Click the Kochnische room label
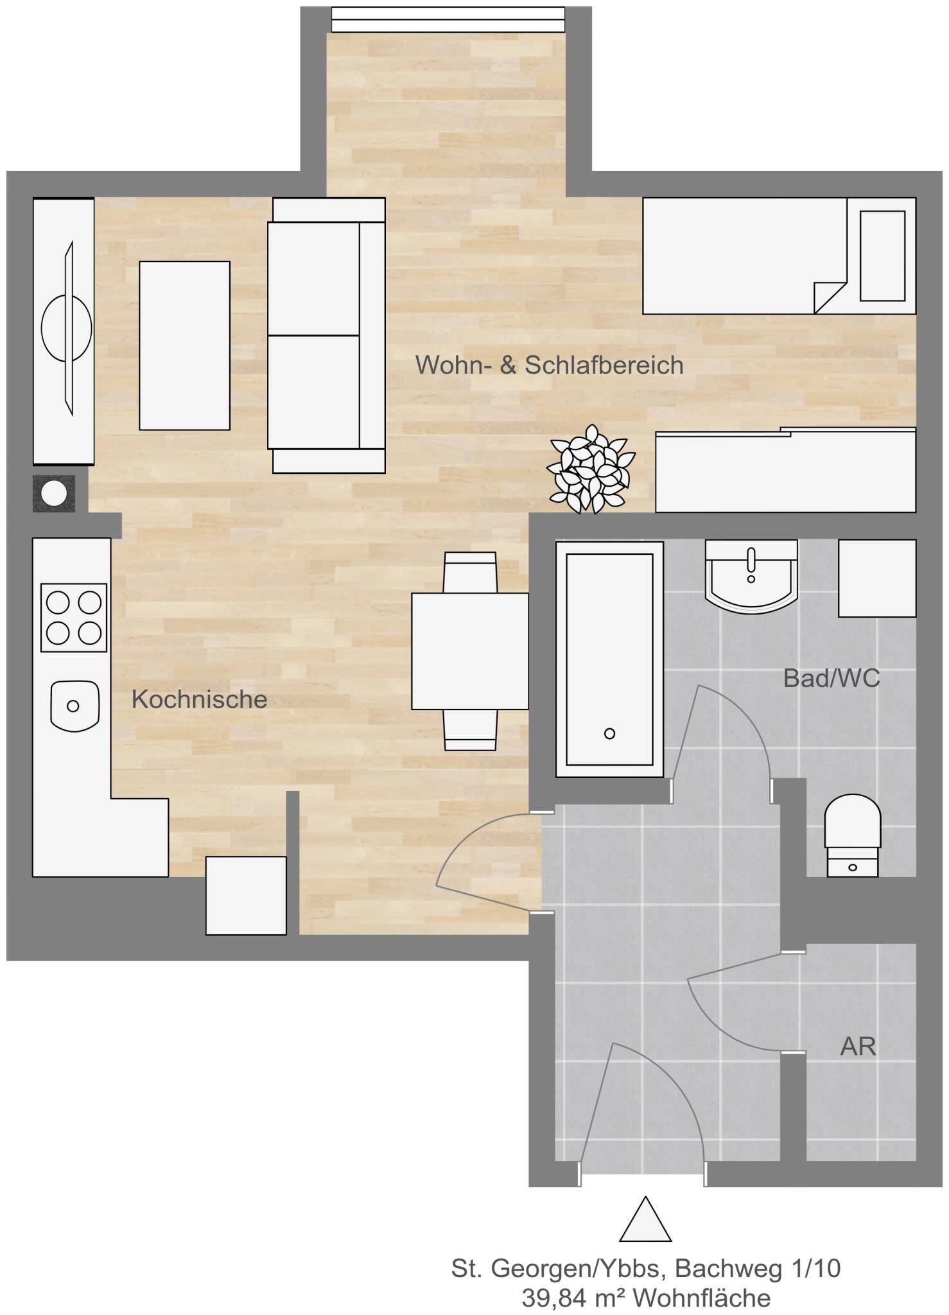point(199,699)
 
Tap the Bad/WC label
point(831,678)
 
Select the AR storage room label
point(858,1047)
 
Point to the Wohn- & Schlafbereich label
point(549,365)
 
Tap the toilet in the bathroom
point(852,836)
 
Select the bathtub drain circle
point(609,733)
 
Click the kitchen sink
point(74,706)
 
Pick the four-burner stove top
point(73,617)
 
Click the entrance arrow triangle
point(645,1219)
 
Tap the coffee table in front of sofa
point(184,345)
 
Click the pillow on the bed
point(882,256)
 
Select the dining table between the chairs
point(470,651)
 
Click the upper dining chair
point(470,572)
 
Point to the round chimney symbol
point(54,493)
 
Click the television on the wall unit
point(66,328)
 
